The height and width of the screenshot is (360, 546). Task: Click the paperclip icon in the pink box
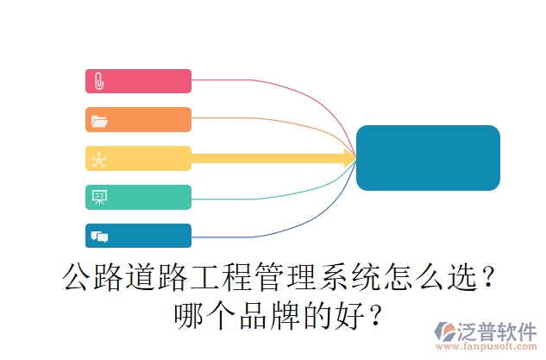(x=99, y=81)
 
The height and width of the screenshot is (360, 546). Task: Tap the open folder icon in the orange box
(x=99, y=120)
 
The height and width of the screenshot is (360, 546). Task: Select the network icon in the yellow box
(x=99, y=159)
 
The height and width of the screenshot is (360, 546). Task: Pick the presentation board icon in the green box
(x=99, y=198)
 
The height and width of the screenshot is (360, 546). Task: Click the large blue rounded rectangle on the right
(x=428, y=158)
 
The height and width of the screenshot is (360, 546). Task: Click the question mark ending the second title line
(x=374, y=314)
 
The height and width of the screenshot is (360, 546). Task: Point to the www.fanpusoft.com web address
(x=487, y=347)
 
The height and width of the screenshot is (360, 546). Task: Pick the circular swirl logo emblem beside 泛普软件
(x=447, y=331)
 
